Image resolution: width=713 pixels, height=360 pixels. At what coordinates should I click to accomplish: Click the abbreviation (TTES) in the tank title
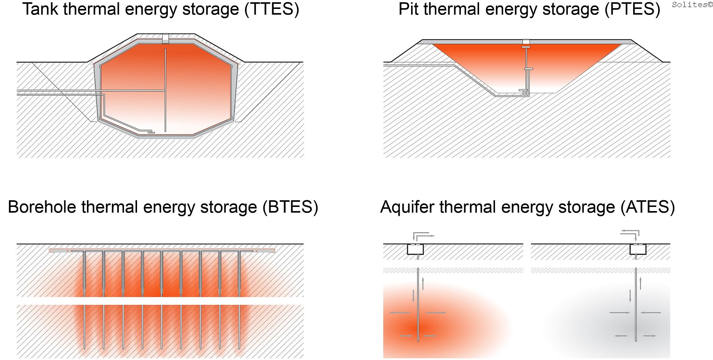(271, 9)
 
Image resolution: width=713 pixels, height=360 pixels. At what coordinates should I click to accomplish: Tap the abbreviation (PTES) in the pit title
(632, 9)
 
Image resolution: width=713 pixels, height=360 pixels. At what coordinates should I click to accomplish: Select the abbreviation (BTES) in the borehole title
(290, 207)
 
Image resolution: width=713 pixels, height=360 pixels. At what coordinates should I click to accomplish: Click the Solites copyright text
(692, 4)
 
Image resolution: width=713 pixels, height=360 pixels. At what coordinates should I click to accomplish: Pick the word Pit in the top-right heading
(408, 9)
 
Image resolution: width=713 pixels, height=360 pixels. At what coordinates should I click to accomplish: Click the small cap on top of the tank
(166, 38)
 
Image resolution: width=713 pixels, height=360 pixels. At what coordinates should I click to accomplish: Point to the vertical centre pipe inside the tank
(166, 89)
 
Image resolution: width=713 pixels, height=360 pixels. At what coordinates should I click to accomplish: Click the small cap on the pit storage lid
(526, 42)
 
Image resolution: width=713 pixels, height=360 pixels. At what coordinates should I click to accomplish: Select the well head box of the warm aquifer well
(415, 249)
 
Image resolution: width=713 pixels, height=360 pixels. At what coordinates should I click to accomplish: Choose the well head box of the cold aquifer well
(638, 249)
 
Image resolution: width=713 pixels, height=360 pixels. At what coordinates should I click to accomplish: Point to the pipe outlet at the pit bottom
(523, 91)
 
